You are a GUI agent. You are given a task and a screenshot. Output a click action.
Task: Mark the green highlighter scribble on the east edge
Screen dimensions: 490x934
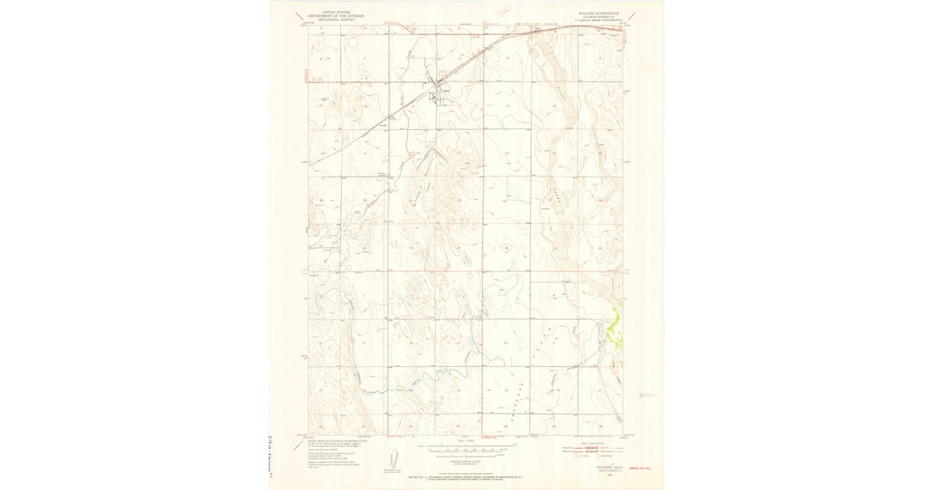[614, 331]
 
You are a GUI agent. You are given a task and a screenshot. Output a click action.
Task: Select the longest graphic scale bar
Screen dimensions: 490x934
[466, 449]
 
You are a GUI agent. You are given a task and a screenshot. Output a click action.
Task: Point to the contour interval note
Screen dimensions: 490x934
[466, 462]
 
